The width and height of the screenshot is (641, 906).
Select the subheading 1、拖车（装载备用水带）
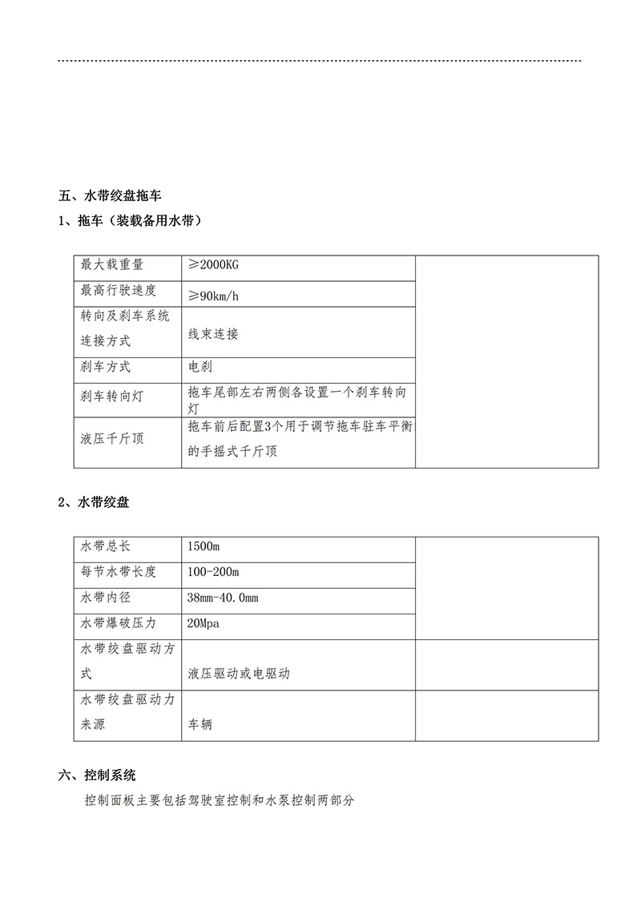tap(129, 221)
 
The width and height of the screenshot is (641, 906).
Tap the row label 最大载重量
tap(111, 265)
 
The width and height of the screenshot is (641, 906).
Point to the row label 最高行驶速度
tap(118, 291)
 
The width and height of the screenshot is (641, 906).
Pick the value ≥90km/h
tap(213, 296)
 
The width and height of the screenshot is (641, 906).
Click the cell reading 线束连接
tap(212, 334)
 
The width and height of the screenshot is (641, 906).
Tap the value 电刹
tap(200, 368)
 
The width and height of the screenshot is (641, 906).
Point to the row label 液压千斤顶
tap(111, 439)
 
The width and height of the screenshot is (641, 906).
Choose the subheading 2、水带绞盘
tap(94, 503)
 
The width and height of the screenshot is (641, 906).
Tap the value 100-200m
tap(212, 572)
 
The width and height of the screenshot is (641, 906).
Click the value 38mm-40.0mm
tap(222, 598)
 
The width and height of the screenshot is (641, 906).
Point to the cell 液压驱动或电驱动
tap(239, 674)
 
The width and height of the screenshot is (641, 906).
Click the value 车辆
tap(200, 724)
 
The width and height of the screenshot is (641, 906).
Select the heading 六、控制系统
tap(97, 775)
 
